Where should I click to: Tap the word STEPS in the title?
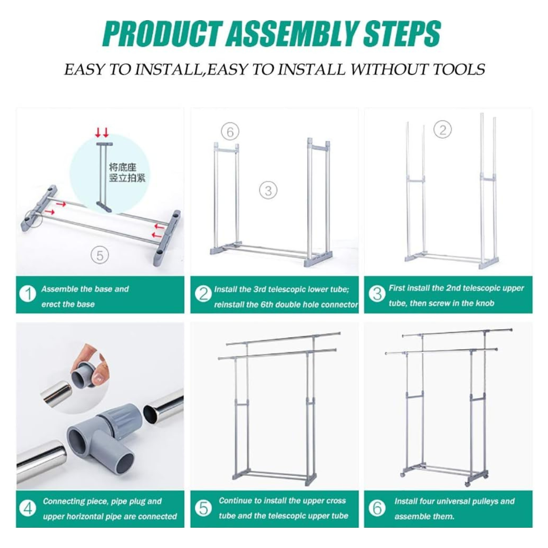coord(402,35)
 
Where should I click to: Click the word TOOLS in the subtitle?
coord(458,69)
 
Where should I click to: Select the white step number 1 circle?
coord(28,294)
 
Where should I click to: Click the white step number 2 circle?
coord(203,294)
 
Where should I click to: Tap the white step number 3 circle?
coord(377,294)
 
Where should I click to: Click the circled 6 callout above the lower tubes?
coord(230,132)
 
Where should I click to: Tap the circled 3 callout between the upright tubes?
coord(268,190)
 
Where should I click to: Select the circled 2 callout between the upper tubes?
coord(443,130)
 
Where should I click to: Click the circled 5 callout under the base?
coord(100,255)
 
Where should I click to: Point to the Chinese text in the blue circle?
coord(127,172)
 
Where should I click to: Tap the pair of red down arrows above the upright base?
coord(102,133)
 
